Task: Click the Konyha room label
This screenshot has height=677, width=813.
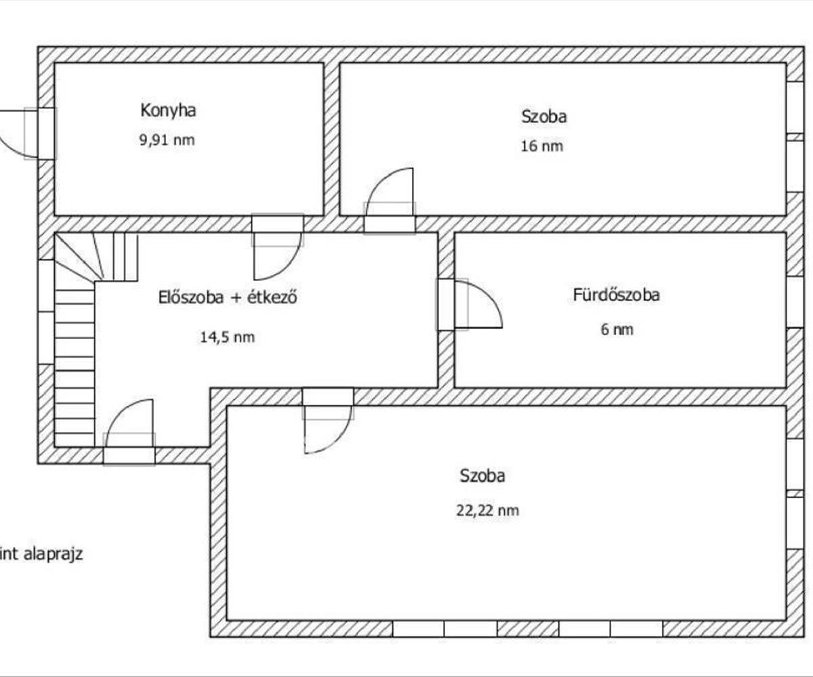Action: click(x=168, y=110)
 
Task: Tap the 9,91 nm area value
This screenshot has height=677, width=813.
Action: click(x=167, y=140)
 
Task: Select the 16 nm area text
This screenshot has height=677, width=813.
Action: click(x=542, y=146)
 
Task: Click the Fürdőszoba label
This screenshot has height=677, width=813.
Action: click(x=617, y=295)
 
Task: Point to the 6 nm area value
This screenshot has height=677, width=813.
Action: click(x=617, y=330)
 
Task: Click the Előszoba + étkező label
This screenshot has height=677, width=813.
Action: click(x=228, y=298)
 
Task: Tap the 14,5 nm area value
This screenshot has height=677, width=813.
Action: click(x=228, y=337)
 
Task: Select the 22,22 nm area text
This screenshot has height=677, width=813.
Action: click(x=488, y=510)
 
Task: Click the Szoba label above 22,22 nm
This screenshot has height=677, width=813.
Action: click(x=482, y=476)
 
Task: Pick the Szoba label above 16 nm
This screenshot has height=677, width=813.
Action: click(x=544, y=116)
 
